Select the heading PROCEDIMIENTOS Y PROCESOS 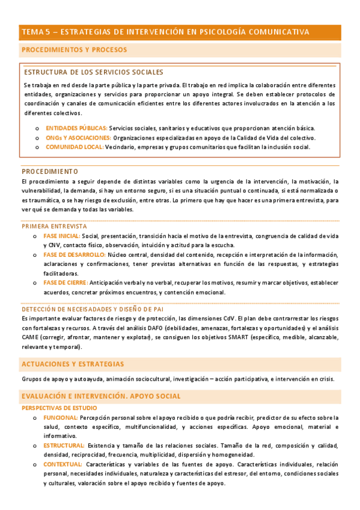coord(74,50)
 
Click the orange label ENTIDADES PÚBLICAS coord(76,128)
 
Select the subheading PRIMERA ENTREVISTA coord(54,226)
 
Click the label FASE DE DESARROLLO coord(74,255)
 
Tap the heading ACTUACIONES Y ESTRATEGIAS coord(73,364)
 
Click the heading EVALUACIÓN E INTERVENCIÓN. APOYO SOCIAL coord(100,396)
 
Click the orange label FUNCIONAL coord(60,417)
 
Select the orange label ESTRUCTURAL coord(64,445)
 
